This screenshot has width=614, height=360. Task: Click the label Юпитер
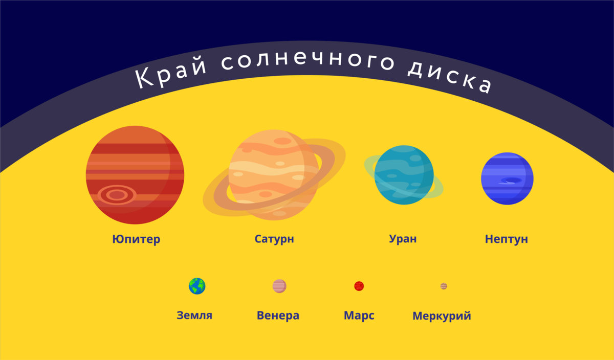(136, 239)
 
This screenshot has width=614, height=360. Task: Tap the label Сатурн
(274, 239)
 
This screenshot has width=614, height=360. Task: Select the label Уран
(403, 239)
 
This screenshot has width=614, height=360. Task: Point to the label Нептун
(506, 239)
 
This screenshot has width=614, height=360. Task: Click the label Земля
(194, 316)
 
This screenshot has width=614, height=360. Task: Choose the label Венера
(278, 316)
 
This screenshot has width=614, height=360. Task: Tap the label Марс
(359, 316)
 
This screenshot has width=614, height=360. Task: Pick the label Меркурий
(442, 316)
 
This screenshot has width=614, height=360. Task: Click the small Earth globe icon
(197, 286)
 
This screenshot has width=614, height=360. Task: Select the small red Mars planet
(359, 286)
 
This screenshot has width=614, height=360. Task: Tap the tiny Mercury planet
(444, 286)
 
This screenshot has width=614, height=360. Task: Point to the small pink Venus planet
(279, 286)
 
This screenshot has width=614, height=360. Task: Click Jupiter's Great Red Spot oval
(117, 195)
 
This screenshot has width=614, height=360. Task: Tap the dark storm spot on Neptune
(510, 181)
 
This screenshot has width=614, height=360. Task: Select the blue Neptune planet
(507, 178)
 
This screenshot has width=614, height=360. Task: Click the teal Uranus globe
(404, 175)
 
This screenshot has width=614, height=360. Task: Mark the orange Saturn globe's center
(273, 174)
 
